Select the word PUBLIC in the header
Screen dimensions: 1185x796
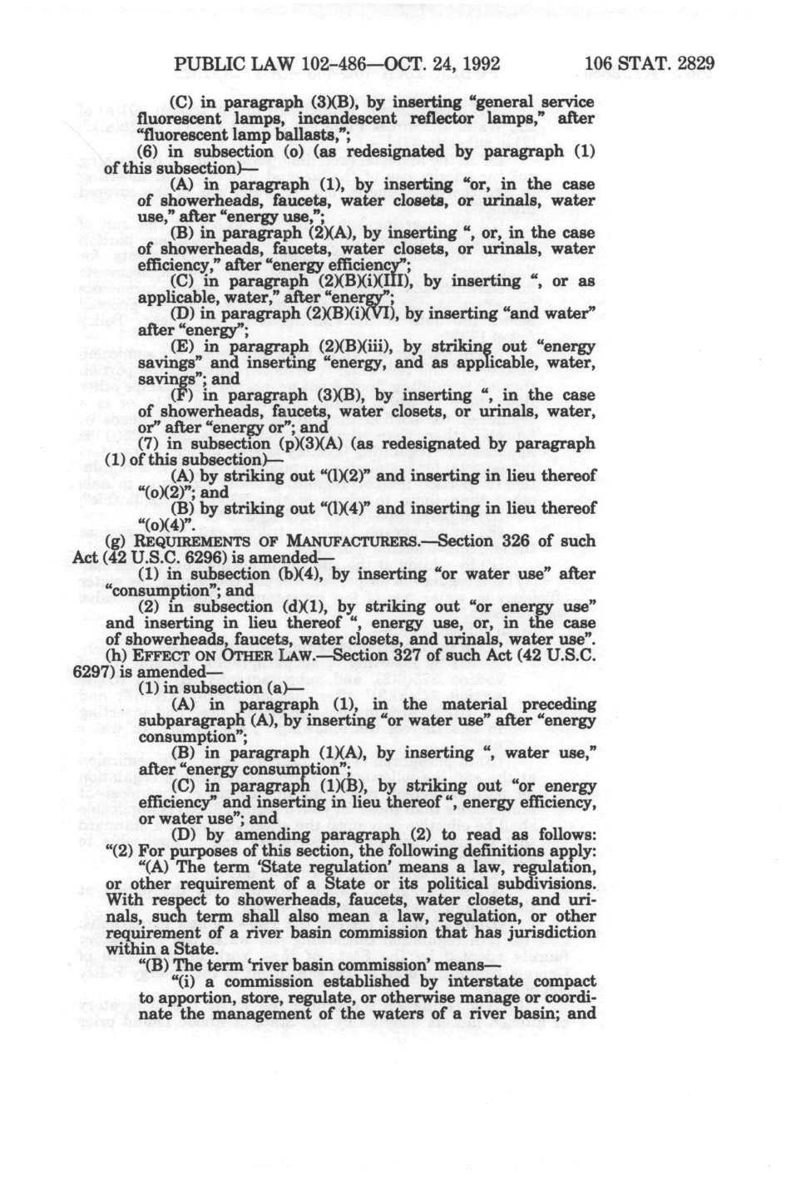[x=204, y=63]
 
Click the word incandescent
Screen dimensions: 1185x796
[x=309, y=118]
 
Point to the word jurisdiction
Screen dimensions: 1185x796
[x=548, y=932]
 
